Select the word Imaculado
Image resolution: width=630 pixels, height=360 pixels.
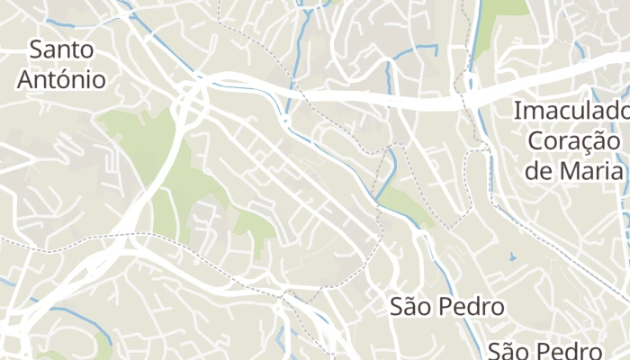(571, 112)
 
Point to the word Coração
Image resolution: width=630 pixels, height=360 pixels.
(574, 141)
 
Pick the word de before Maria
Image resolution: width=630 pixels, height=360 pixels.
(540, 171)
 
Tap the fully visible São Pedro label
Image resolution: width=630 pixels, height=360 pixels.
(446, 306)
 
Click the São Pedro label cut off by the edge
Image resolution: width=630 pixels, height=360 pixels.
(544, 350)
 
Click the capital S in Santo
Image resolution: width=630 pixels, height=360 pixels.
(37, 49)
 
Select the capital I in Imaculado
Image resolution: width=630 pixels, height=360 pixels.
(517, 112)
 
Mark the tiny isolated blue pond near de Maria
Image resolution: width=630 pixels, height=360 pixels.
(512, 257)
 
